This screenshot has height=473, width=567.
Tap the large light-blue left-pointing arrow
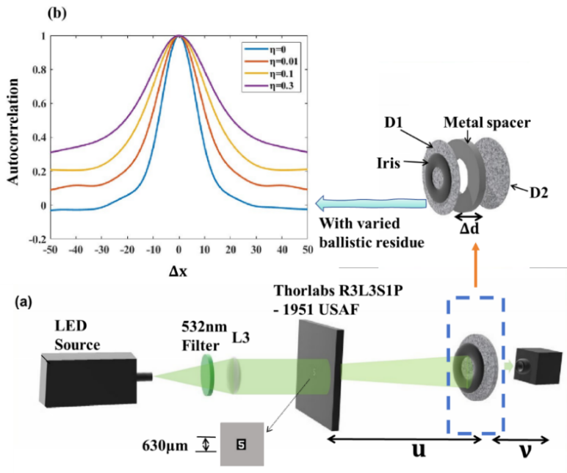tap(367, 201)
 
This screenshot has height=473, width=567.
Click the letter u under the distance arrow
tap(418, 449)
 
